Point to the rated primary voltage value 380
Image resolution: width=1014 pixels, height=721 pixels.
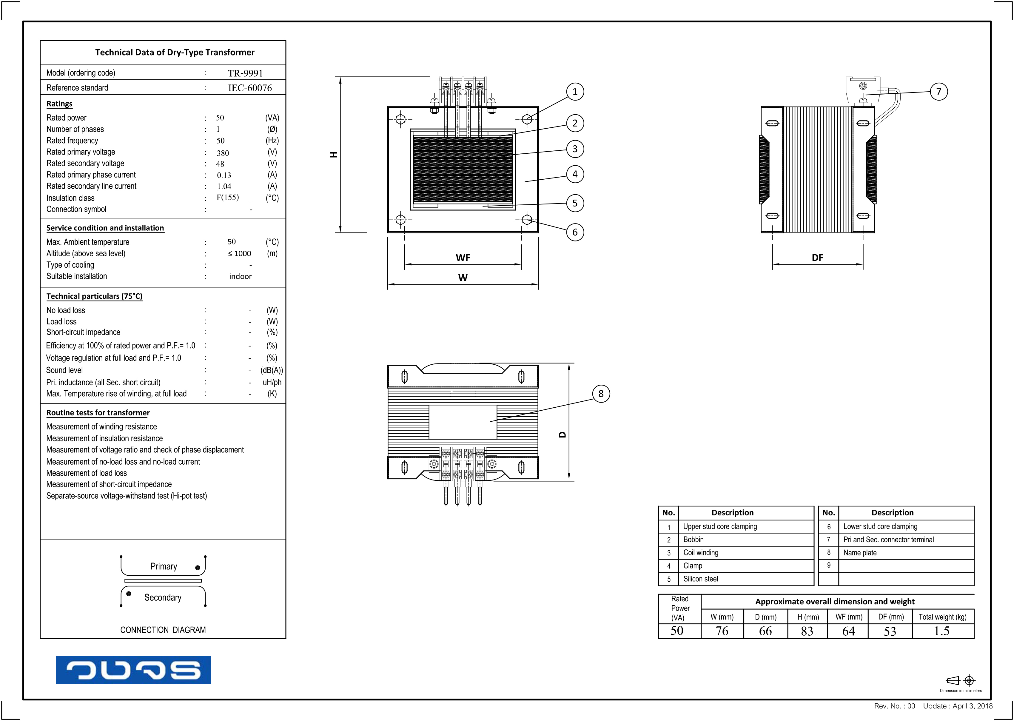click(x=223, y=153)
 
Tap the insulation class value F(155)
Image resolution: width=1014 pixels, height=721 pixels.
click(x=227, y=197)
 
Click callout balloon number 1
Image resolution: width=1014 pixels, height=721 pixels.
click(x=575, y=92)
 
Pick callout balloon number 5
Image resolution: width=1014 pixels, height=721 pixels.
click(x=575, y=203)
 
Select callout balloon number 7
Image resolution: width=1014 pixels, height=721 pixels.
click(x=939, y=92)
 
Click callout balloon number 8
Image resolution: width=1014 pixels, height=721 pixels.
click(x=601, y=394)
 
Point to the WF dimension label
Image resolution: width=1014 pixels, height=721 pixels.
click(x=463, y=258)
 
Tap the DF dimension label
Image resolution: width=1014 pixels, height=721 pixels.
click(x=817, y=258)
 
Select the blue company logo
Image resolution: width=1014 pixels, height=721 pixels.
click(x=133, y=670)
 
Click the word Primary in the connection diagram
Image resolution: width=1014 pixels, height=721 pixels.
click(x=163, y=566)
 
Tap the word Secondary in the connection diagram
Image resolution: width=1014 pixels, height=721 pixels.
click(x=163, y=597)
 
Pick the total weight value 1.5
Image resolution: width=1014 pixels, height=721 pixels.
click(x=941, y=631)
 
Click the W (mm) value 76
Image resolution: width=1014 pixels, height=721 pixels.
click(x=722, y=631)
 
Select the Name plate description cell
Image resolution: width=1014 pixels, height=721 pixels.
click(x=860, y=553)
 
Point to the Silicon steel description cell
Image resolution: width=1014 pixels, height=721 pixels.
click(x=701, y=579)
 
